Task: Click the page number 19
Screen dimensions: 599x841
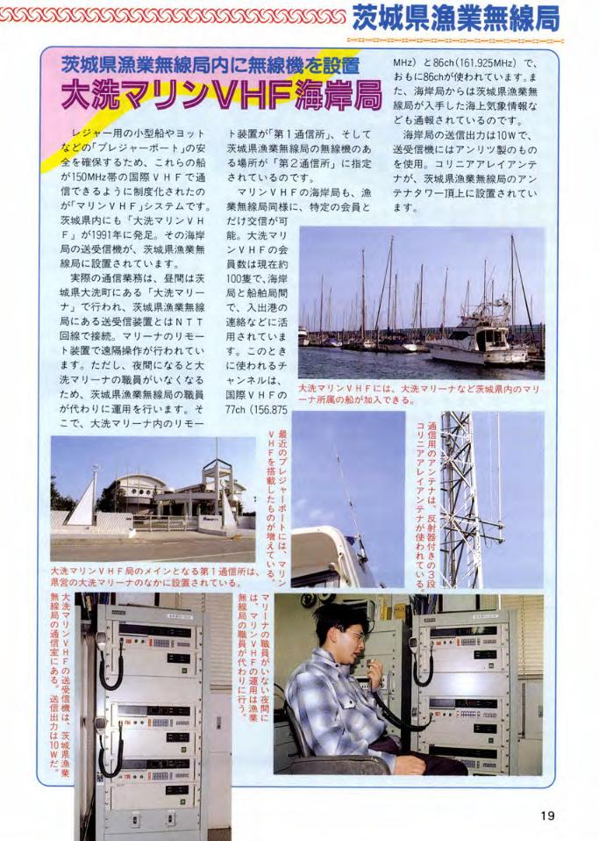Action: (547, 816)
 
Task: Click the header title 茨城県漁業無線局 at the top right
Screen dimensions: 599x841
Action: (456, 18)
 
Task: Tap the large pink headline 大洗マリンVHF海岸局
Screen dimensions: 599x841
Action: (222, 95)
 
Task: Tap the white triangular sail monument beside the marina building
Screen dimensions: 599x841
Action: (82, 501)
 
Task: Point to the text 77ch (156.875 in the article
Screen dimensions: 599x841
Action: (257, 409)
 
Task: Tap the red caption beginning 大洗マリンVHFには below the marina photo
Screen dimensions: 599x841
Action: (418, 394)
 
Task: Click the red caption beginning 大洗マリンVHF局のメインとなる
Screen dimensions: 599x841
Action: (154, 578)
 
